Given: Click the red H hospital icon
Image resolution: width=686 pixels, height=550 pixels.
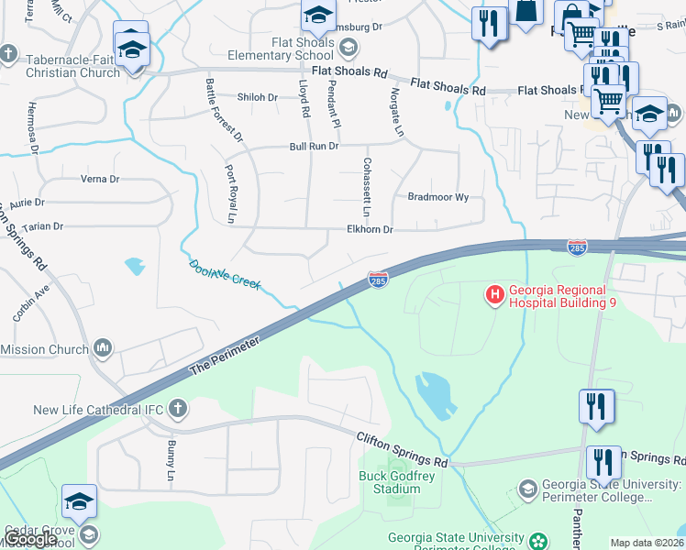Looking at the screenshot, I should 494,294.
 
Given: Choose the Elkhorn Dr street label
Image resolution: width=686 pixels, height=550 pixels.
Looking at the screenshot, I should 369,230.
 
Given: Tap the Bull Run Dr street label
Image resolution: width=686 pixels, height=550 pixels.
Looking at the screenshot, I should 314,146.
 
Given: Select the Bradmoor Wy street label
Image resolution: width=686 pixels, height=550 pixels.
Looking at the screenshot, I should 437,197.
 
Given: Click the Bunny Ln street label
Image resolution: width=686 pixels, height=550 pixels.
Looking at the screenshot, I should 170,461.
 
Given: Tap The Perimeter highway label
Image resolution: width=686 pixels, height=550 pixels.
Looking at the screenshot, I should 225,354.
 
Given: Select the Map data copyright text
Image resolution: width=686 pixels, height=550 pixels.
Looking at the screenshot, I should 647,543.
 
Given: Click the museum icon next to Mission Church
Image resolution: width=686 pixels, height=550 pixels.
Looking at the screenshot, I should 102,348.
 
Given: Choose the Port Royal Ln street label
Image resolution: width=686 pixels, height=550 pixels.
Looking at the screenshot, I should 230,193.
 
